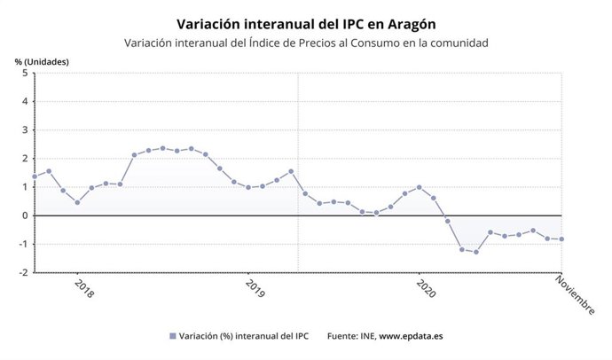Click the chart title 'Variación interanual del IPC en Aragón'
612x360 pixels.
point(306,23)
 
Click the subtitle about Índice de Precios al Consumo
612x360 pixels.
point(306,43)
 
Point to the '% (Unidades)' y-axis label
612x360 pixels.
point(42,61)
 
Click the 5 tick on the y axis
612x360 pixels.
point(25,74)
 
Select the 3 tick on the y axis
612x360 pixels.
point(25,130)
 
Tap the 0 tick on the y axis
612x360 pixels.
point(25,215)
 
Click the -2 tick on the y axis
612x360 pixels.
point(23,272)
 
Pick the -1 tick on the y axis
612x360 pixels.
point(23,244)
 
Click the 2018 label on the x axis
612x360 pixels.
point(83,289)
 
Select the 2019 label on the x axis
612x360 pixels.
point(255,289)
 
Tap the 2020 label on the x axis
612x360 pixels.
point(426,289)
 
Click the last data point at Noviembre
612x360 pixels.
point(561,239)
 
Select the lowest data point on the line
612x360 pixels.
point(476,252)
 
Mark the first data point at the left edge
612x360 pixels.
point(35,176)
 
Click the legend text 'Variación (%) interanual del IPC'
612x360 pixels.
point(244,336)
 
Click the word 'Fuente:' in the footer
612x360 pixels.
point(344,336)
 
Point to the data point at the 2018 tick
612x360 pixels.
point(77,202)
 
